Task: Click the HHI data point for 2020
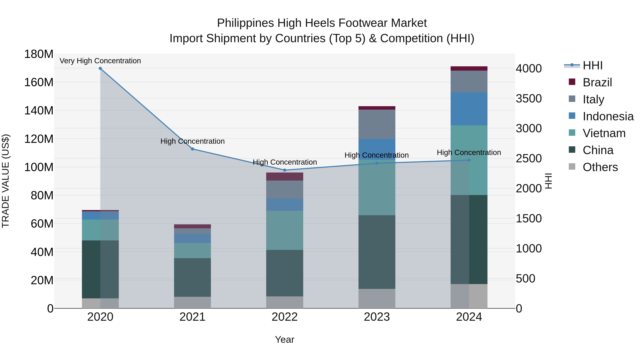[x=100, y=68]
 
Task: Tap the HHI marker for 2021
[x=192, y=149]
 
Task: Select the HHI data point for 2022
[x=284, y=170]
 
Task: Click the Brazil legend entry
[x=597, y=82]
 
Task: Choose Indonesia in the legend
[x=608, y=116]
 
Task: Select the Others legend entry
[x=600, y=167]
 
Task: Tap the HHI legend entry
[x=592, y=65]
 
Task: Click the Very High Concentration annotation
[x=100, y=61]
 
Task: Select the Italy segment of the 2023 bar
[x=377, y=124]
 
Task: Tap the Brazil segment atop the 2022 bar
[x=284, y=176]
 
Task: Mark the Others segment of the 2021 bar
[x=192, y=302]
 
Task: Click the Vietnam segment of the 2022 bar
[x=284, y=230]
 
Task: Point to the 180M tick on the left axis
[x=39, y=54]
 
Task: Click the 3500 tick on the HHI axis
[x=529, y=99]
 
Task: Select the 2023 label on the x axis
[x=377, y=317]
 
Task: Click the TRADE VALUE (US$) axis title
[x=6, y=181]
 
